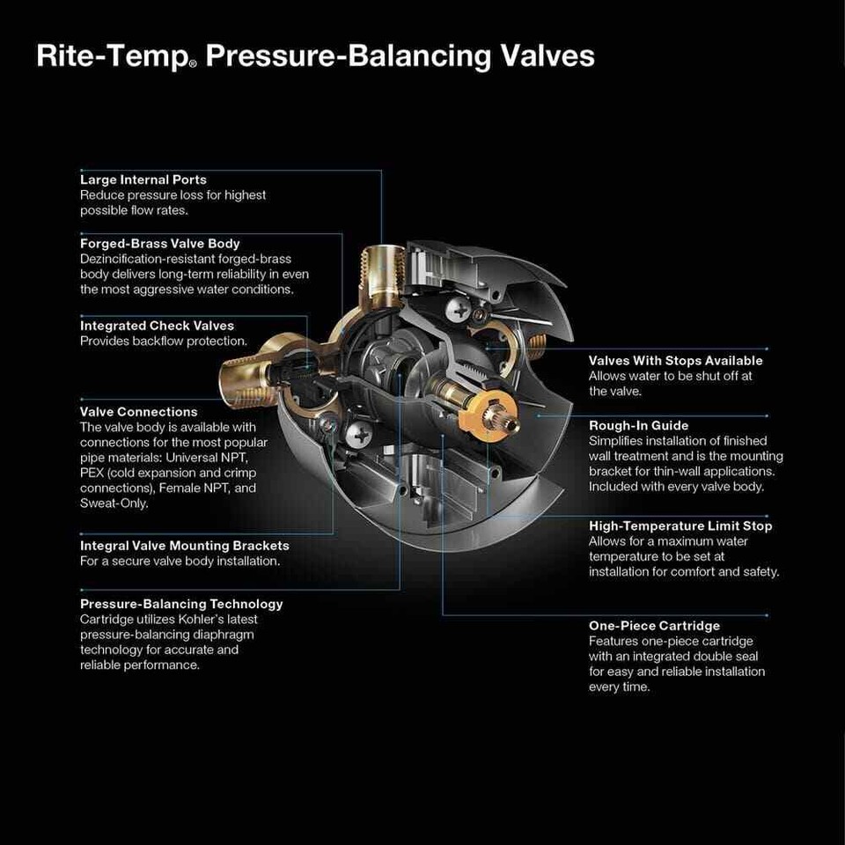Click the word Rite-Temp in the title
(110, 56)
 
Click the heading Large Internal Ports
(143, 180)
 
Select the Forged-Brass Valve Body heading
(160, 244)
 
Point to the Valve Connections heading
(139, 411)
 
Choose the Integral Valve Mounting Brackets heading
(185, 546)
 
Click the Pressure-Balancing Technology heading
(181, 604)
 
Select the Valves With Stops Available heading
(675, 361)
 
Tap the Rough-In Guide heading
(639, 426)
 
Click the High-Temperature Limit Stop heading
(680, 526)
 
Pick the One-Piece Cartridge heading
(654, 626)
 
